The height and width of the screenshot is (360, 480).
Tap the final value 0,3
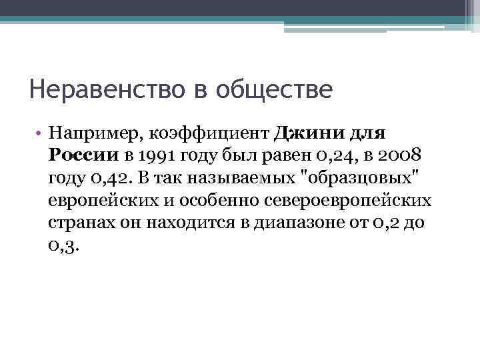(x=63, y=245)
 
